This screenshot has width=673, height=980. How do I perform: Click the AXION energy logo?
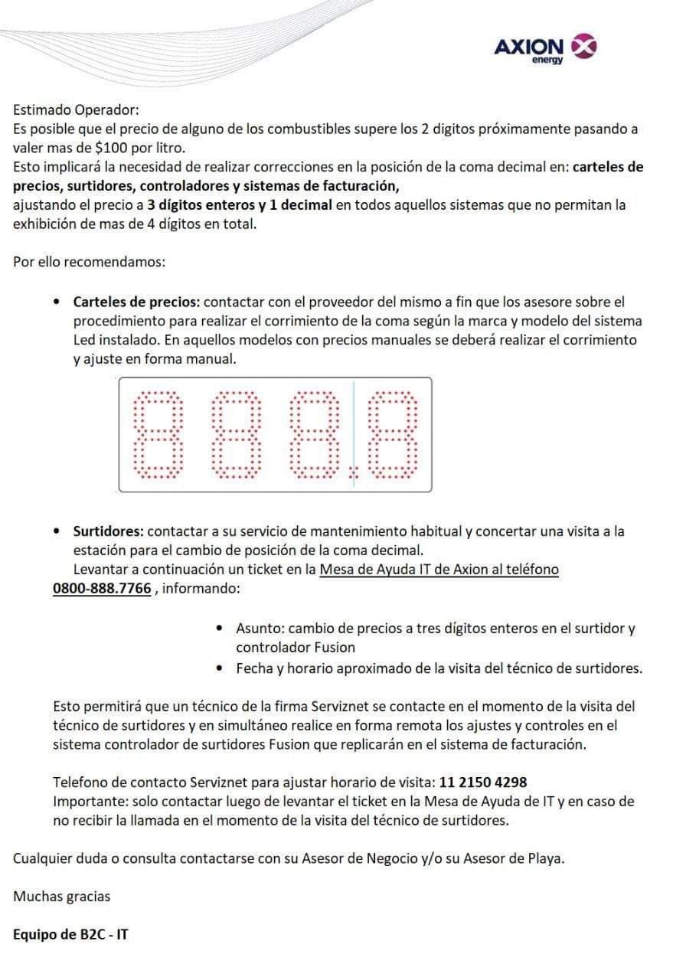(x=545, y=49)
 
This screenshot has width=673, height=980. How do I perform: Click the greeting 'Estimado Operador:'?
(x=76, y=110)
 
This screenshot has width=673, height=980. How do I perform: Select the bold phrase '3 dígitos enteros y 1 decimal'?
(x=240, y=204)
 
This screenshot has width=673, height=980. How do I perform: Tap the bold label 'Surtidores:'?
(x=108, y=531)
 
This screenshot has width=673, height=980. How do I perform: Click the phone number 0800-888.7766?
(x=102, y=589)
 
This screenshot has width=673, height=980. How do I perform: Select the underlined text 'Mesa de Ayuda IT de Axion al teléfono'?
(x=439, y=570)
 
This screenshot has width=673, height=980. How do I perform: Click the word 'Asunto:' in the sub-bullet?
(x=260, y=629)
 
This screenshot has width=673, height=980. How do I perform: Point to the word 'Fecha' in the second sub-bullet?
(x=253, y=668)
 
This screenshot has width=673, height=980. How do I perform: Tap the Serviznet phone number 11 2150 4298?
(x=482, y=782)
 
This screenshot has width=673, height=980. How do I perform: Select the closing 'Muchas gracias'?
(x=61, y=896)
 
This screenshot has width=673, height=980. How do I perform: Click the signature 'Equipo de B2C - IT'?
(x=70, y=935)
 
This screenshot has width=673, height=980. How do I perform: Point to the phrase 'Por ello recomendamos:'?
(x=89, y=262)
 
